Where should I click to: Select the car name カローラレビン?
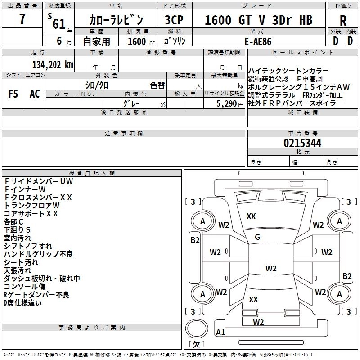click(116, 20)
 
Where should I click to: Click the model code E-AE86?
click(258, 41)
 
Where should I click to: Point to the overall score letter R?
click(343, 20)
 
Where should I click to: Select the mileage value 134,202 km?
click(53, 64)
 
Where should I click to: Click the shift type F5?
click(13, 94)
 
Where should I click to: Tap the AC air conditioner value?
click(35, 94)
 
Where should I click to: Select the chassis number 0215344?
click(302, 143)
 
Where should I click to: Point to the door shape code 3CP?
click(175, 20)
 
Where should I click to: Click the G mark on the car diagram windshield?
click(257, 237)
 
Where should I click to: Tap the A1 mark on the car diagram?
click(220, 333)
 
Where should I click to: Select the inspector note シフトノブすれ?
click(28, 246)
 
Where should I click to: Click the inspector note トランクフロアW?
click(31, 206)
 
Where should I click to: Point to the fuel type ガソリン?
click(175, 41)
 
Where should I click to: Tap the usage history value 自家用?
click(96, 41)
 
